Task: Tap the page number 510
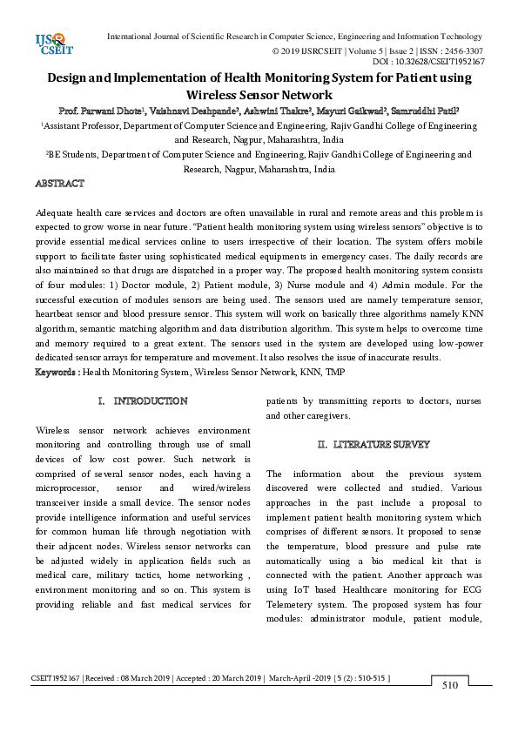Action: point(450,685)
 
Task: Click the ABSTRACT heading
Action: point(59,184)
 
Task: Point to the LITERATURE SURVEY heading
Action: point(373,444)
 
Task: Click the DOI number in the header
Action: point(440,62)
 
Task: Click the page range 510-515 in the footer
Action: point(369,677)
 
